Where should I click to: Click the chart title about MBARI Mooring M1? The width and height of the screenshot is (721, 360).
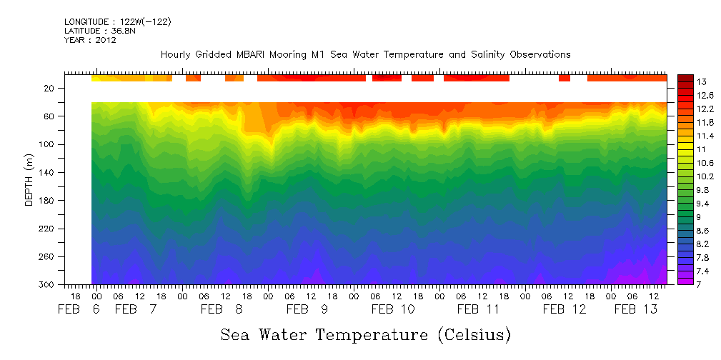[x=365, y=54]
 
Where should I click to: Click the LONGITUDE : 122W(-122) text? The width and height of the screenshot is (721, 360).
[x=117, y=22]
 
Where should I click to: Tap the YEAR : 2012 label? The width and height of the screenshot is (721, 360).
[x=90, y=40]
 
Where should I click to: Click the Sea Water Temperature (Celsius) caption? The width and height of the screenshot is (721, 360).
[x=366, y=334]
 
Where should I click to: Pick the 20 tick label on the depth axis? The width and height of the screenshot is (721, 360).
[x=50, y=89]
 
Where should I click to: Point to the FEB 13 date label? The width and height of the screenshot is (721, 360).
[x=635, y=309]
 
